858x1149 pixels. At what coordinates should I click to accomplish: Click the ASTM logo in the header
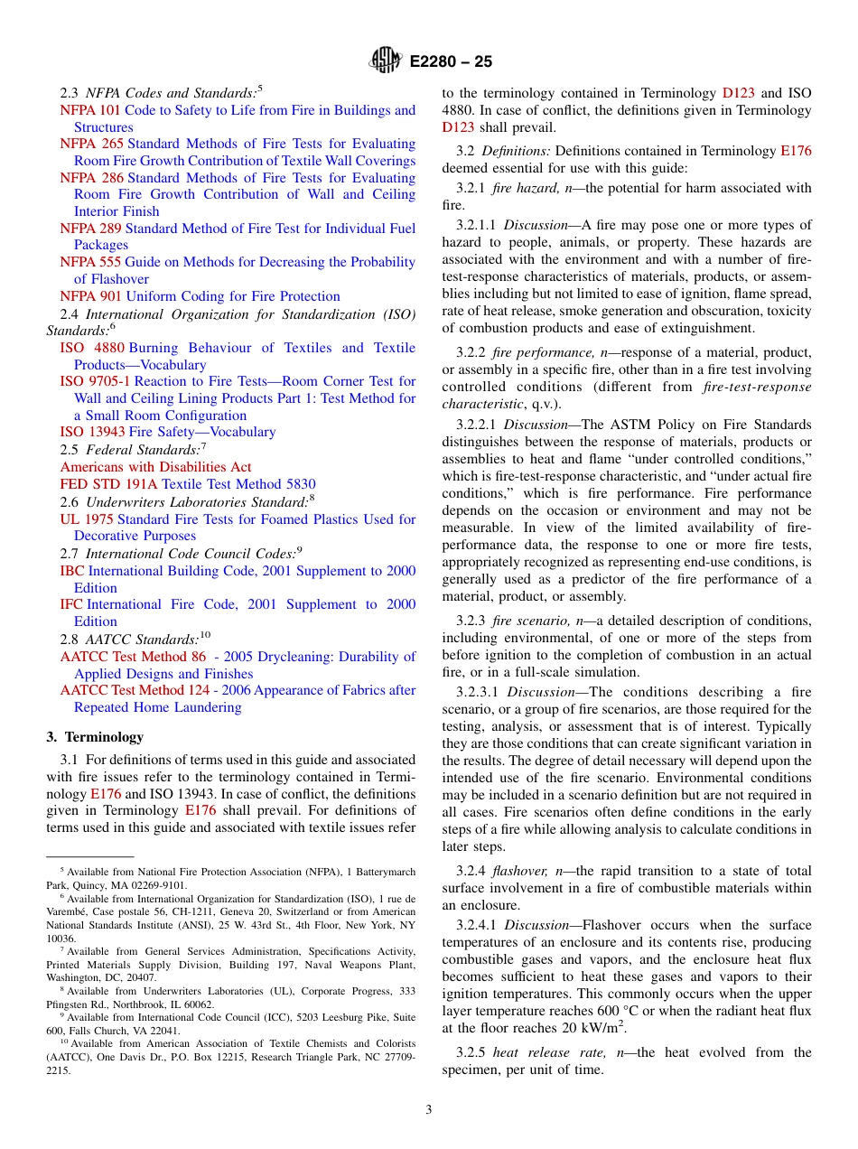pyautogui.click(x=386, y=61)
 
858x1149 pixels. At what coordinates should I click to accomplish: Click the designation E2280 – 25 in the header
pyautogui.click(x=451, y=62)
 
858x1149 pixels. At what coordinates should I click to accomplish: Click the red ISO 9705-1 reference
pyautogui.click(x=95, y=381)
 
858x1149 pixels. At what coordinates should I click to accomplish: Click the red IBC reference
pyautogui.click(x=72, y=571)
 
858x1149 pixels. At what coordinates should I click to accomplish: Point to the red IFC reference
pyautogui.click(x=71, y=604)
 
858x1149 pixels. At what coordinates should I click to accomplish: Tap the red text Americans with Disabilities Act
pyautogui.click(x=155, y=467)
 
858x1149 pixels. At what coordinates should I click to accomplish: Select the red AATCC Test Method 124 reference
pyautogui.click(x=135, y=690)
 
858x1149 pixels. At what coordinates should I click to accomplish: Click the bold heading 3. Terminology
pyautogui.click(x=95, y=737)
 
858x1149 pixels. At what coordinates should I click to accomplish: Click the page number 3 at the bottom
pyautogui.click(x=428, y=1109)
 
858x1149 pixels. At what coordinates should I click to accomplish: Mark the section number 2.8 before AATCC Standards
pyautogui.click(x=69, y=640)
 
